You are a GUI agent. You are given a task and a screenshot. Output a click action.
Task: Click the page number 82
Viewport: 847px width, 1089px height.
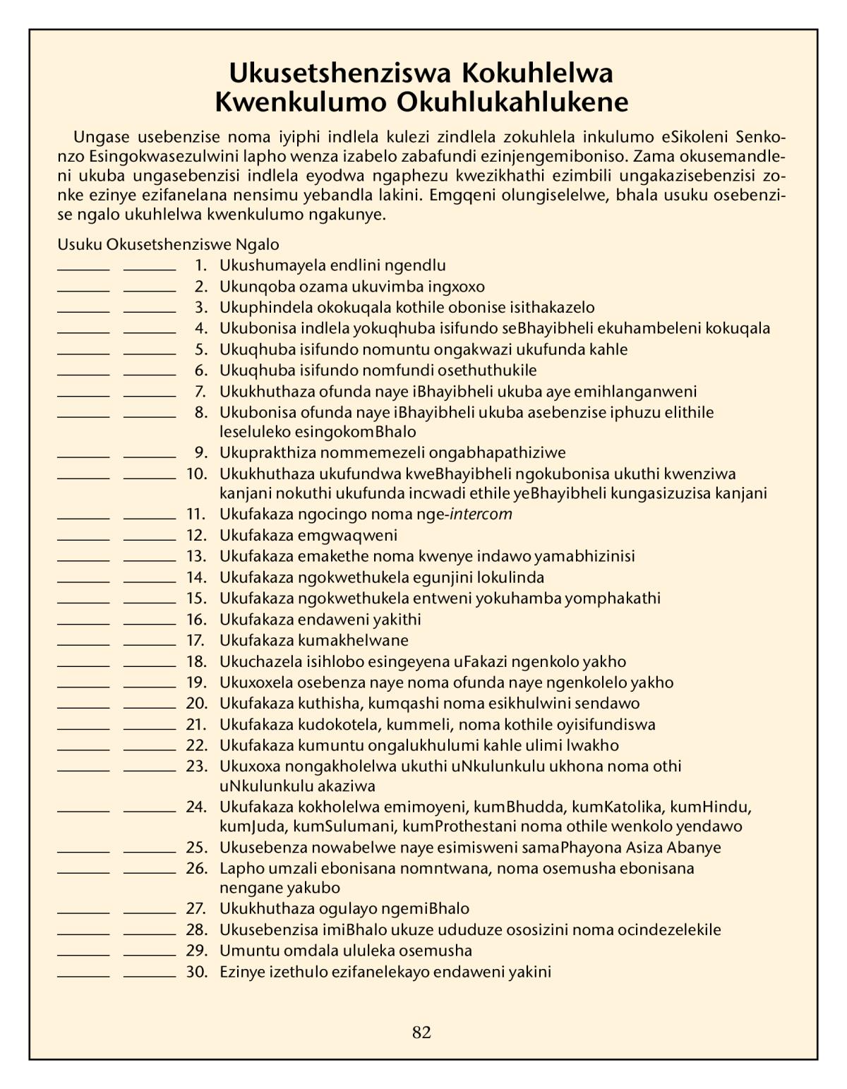(421, 1033)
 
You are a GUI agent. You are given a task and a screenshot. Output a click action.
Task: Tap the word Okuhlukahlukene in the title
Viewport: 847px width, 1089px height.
(512, 103)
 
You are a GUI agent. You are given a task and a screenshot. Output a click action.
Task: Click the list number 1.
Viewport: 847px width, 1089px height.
(201, 266)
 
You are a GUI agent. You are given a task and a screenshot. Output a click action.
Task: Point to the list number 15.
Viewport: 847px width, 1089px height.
(196, 598)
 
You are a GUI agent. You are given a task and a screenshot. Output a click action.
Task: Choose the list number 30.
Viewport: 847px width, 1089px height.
(196, 972)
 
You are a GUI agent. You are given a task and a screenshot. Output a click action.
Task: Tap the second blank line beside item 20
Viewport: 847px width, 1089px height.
(150, 707)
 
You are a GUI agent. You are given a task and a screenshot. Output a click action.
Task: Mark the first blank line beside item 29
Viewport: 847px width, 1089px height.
(83, 954)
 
